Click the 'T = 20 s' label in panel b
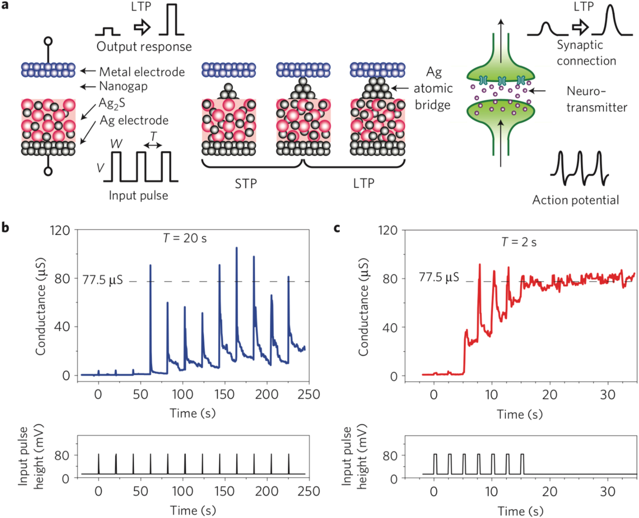point(185,238)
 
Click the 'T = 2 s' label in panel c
point(519,242)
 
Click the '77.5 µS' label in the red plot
point(439,277)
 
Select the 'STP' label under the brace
point(246,184)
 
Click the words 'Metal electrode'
point(142,72)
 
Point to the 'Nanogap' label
point(123,86)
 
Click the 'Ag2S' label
point(112,103)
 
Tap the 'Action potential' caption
point(575,200)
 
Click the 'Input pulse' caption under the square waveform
point(138,195)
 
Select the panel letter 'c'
point(337,228)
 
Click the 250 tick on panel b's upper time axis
point(309,394)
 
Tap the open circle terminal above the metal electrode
point(48,41)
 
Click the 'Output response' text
point(144,47)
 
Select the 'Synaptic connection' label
point(586,53)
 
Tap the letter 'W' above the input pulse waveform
point(116,144)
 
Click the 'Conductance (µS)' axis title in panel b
point(41,306)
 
